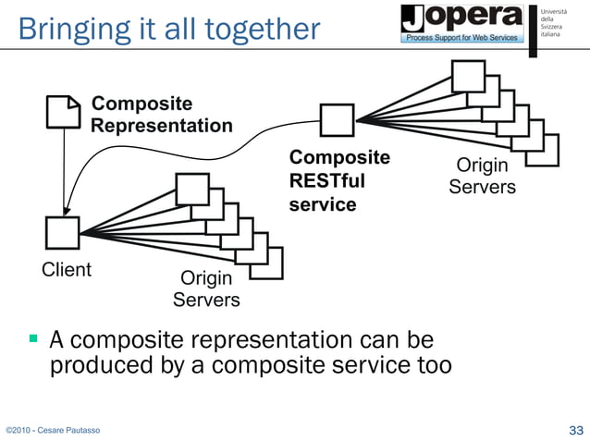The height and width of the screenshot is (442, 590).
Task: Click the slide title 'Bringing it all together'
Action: coord(167,29)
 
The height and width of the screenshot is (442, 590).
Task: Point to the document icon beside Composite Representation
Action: coord(63,112)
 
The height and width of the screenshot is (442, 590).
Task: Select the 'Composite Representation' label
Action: coord(161,114)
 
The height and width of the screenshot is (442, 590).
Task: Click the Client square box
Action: coord(63,233)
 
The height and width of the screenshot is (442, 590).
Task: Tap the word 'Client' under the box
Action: coord(66,270)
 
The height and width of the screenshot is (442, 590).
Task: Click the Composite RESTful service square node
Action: coord(337,119)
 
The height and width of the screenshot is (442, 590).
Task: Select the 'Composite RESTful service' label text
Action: coord(339,180)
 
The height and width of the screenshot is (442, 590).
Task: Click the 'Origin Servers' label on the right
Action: coord(482,176)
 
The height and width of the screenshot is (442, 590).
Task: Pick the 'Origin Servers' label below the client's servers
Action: coord(206,289)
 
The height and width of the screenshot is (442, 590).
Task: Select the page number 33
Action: coord(575,430)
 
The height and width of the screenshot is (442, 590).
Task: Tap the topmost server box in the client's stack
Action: coord(192,189)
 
